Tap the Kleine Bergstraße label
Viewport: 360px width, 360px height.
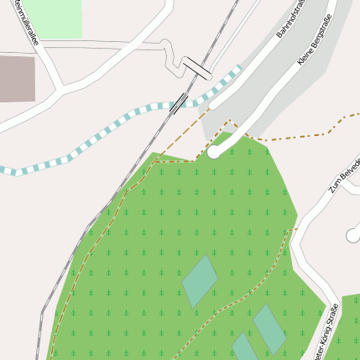pyautogui.click(x=315, y=39)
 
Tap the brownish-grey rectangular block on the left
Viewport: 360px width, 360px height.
pyautogui.click(x=17, y=78)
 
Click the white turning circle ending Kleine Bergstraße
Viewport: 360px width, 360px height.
pyautogui.click(x=214, y=153)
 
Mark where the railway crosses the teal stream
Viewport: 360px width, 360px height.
pyautogui.click(x=178, y=103)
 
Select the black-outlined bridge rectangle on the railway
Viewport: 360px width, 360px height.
pyautogui.click(x=198, y=67)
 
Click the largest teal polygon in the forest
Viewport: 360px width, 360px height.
pyautogui.click(x=200, y=280)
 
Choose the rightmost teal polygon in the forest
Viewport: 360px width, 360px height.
pyautogui.click(x=270, y=329)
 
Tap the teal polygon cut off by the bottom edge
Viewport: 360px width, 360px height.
pyautogui.click(x=245, y=347)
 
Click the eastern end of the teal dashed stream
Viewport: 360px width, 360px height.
pyautogui.click(x=240, y=68)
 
